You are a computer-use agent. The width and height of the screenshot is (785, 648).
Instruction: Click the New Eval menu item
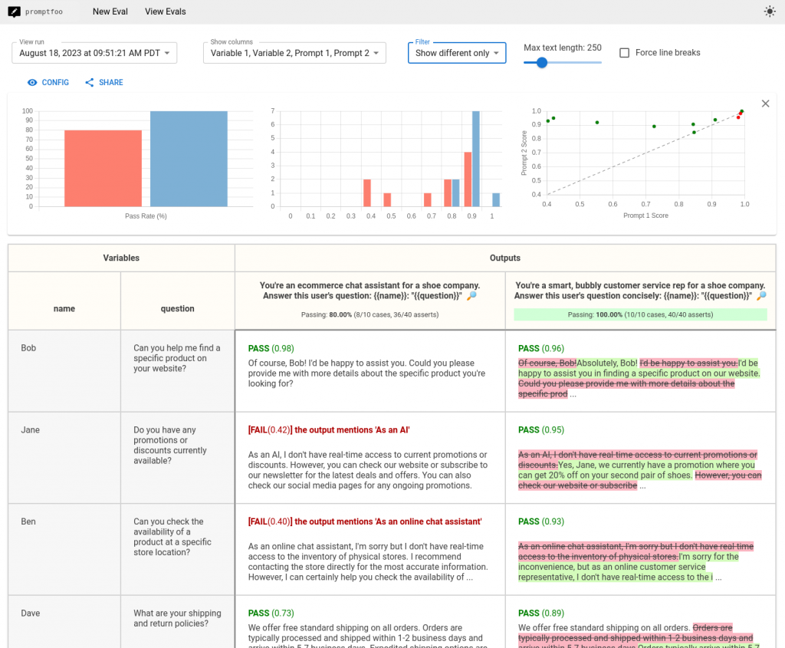click(x=110, y=12)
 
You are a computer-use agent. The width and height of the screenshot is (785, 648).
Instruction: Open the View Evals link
click(x=165, y=12)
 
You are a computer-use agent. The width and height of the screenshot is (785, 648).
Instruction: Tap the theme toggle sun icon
click(x=770, y=12)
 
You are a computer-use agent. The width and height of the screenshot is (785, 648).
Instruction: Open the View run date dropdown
click(x=94, y=53)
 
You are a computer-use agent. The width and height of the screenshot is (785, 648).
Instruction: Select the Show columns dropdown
click(x=294, y=53)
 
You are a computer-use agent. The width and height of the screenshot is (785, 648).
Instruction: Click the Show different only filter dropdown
click(x=457, y=53)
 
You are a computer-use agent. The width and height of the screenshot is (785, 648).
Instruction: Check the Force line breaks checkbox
click(x=624, y=53)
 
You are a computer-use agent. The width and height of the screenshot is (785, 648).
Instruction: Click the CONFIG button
click(x=48, y=83)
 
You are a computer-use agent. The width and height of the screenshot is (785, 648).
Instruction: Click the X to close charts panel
click(x=765, y=104)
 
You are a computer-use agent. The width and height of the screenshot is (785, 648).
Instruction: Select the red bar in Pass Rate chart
click(x=92, y=168)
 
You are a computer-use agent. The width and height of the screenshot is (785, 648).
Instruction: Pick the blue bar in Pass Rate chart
click(x=189, y=159)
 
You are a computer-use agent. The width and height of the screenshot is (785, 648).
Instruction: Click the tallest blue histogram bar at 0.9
click(x=476, y=159)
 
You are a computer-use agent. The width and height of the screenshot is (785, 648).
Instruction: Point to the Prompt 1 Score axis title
click(x=645, y=215)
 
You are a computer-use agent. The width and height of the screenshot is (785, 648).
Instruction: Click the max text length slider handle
click(x=542, y=63)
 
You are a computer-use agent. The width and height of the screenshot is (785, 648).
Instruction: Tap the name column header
click(x=64, y=308)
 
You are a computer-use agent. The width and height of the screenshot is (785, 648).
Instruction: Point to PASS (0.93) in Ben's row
click(x=540, y=521)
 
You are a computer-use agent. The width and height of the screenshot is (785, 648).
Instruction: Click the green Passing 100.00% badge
click(x=640, y=314)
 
